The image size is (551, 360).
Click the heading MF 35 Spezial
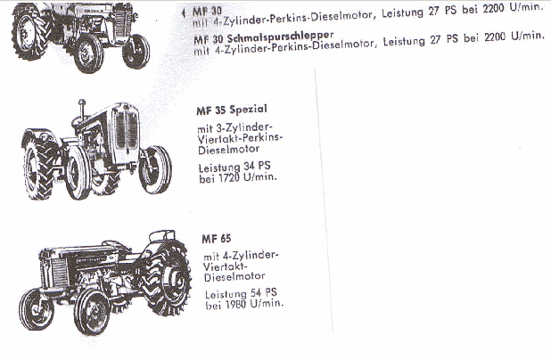[x=232, y=110]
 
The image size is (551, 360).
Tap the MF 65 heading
[x=217, y=239]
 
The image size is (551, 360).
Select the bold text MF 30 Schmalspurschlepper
[x=263, y=37]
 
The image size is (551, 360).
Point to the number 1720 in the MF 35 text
[x=227, y=177]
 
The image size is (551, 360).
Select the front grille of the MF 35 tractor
[x=127, y=130]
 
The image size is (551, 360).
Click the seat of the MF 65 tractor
[x=161, y=235]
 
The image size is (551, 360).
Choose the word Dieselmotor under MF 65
[x=234, y=276]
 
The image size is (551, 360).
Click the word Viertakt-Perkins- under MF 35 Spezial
[x=240, y=138]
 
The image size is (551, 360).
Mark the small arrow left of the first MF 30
[x=183, y=13]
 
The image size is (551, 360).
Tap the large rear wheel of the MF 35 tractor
[x=39, y=168]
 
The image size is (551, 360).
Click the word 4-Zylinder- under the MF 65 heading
[x=251, y=256]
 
